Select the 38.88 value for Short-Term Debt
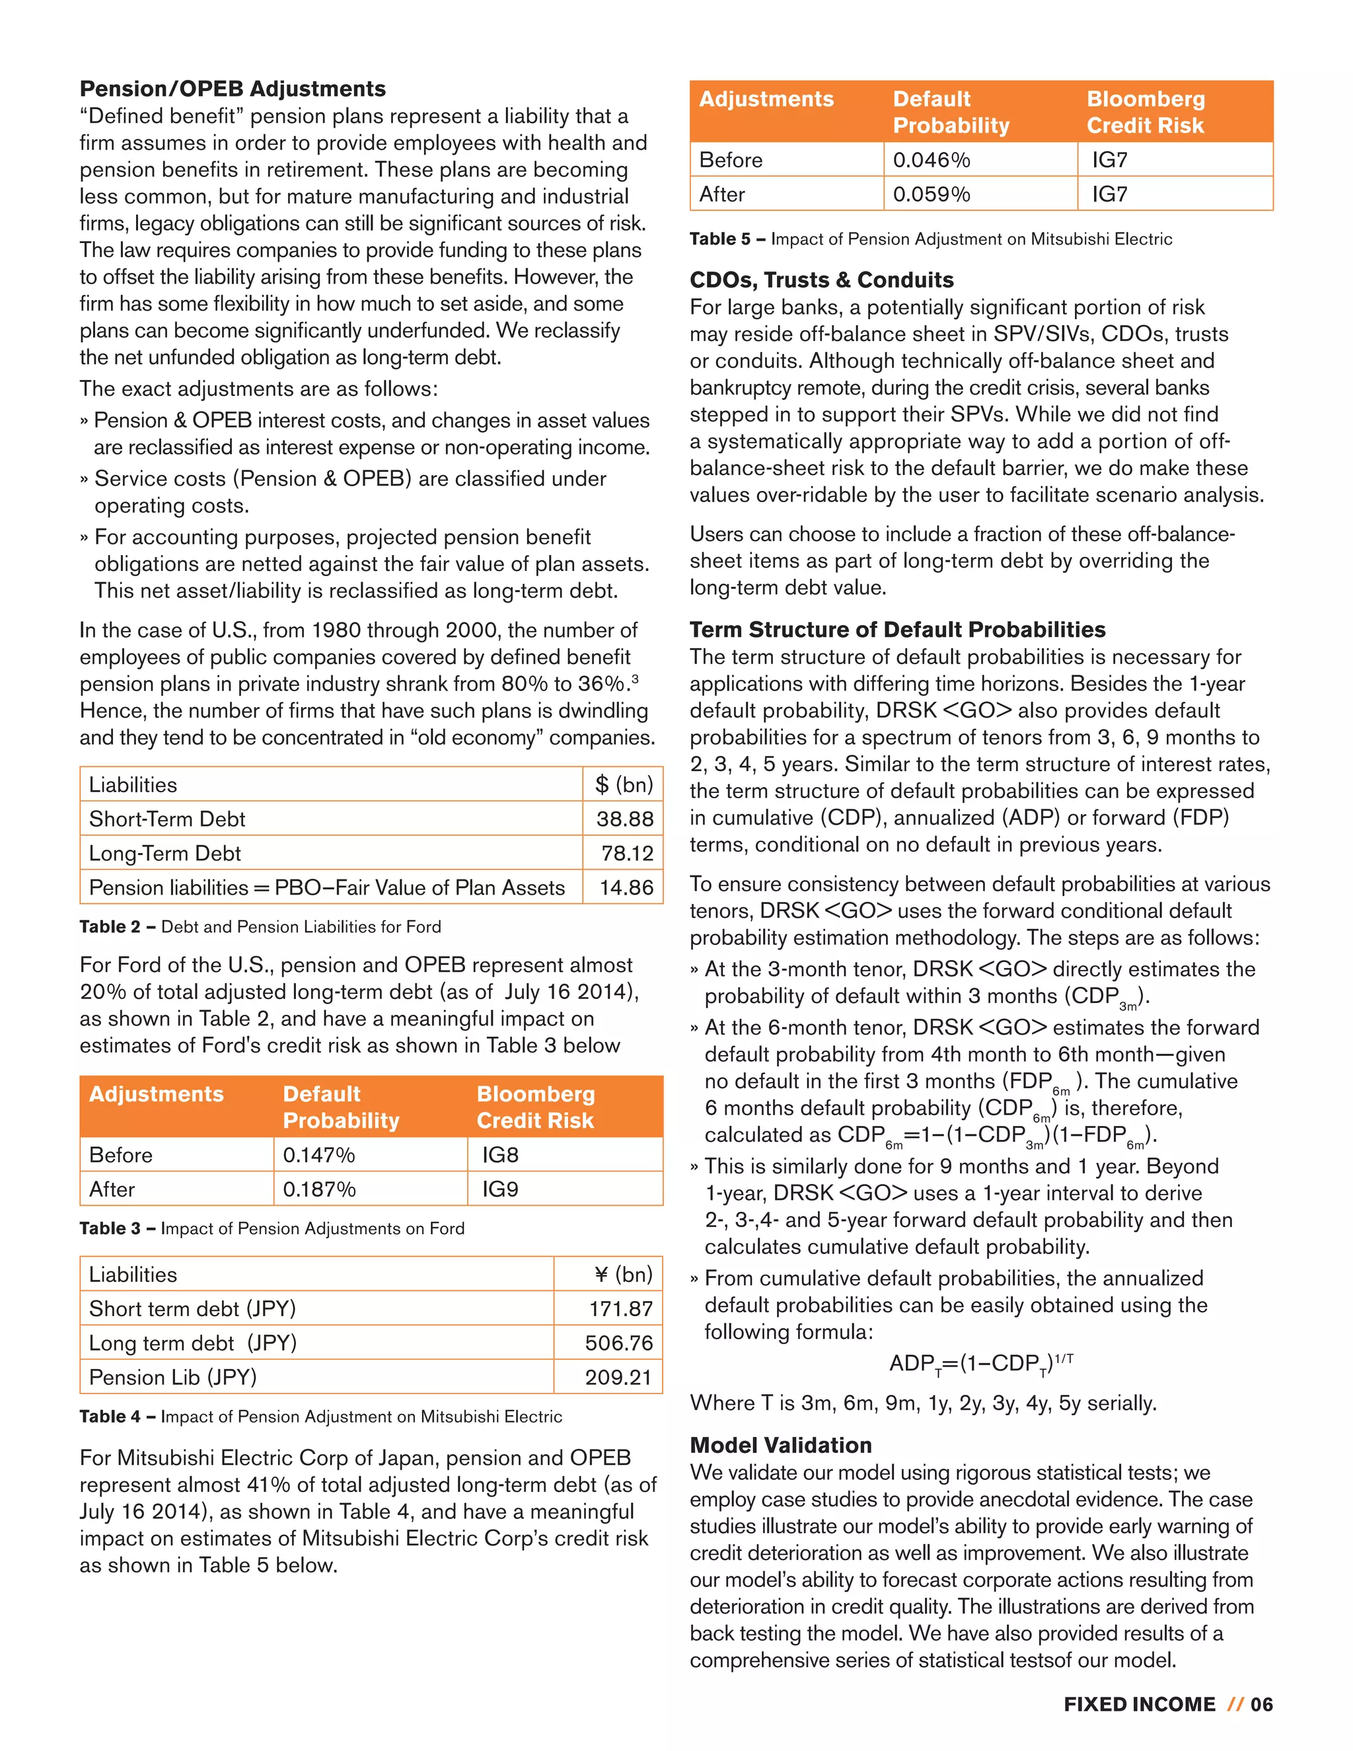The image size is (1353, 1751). [x=624, y=819]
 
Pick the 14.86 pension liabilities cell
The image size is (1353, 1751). [x=626, y=887]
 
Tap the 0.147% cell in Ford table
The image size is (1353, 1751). [x=319, y=1154]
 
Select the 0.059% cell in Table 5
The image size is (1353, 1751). [x=932, y=194]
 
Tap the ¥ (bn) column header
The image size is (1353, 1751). [x=624, y=1274]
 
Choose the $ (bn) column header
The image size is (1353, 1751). [x=624, y=784]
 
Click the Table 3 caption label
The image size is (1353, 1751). [x=110, y=1228]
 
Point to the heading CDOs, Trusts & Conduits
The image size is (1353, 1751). [x=822, y=279]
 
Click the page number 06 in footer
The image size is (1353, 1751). [x=1262, y=1705]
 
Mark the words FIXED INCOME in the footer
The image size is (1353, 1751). [x=1139, y=1705]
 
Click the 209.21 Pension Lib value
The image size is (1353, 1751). [x=619, y=1378]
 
